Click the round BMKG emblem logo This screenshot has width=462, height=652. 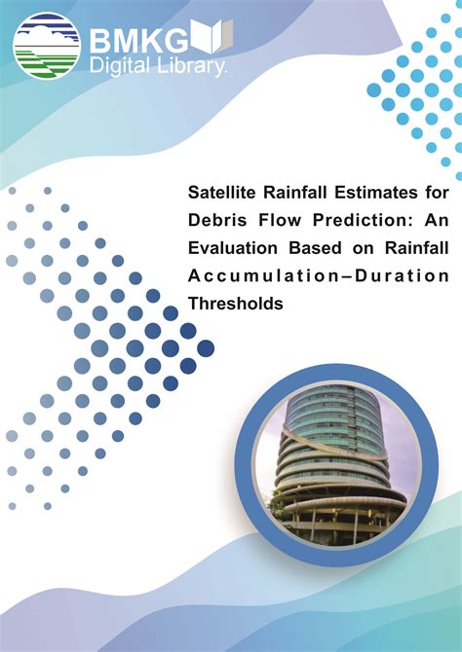tap(46, 46)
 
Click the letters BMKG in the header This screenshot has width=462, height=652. tap(138, 43)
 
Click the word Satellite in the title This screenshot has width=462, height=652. tap(221, 193)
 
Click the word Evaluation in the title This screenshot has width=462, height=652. tap(232, 248)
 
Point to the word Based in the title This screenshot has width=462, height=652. tap(315, 248)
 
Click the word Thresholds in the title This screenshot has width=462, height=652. tap(235, 304)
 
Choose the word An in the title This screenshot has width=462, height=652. tap(437, 220)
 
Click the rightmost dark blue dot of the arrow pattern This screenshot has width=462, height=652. tap(206, 348)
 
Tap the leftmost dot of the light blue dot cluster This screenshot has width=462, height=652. tap(373, 90)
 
